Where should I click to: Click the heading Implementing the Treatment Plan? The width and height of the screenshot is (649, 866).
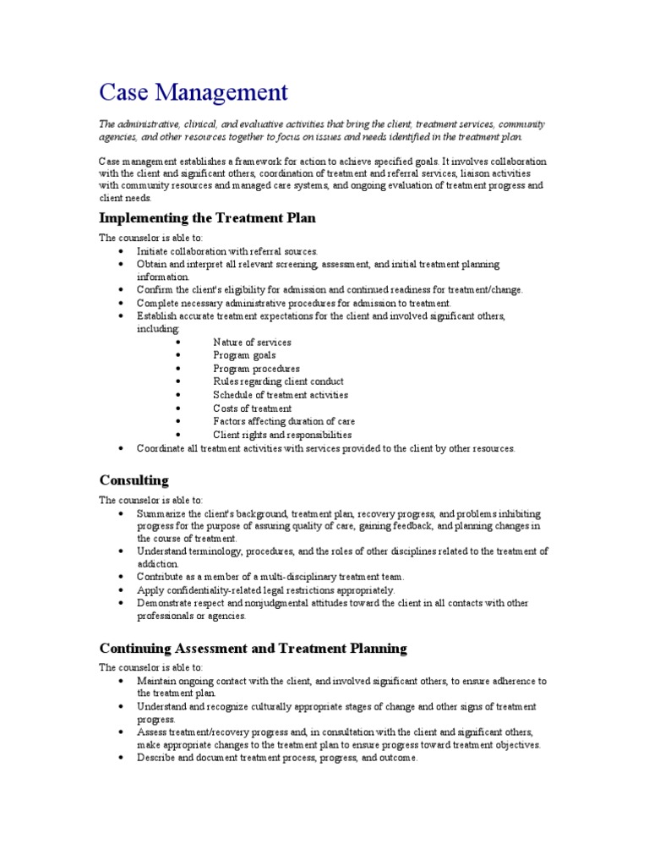[x=207, y=218]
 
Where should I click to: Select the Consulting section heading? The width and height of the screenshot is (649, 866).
[x=134, y=480]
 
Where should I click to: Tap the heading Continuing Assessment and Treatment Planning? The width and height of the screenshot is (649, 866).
[x=253, y=649]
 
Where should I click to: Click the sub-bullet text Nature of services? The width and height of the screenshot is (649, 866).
[x=252, y=343]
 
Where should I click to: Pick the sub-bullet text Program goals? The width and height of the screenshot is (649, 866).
[x=244, y=355]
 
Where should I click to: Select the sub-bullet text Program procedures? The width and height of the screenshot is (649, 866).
[x=256, y=369]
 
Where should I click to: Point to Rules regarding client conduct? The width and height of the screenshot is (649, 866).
[x=278, y=381]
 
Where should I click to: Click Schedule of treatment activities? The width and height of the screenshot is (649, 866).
[x=281, y=395]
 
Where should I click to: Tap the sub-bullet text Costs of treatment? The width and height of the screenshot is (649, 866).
[x=252, y=408]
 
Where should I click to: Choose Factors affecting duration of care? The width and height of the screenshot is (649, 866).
[x=284, y=421]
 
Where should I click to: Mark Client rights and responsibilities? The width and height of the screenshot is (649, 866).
[x=282, y=435]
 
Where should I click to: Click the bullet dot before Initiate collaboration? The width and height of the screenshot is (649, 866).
[x=122, y=251]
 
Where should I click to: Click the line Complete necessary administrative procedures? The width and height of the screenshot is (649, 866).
[x=294, y=303]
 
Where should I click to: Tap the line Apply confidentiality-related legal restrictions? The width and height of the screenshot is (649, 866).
[x=265, y=589]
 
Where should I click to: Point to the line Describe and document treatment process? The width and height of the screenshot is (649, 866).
[x=277, y=758]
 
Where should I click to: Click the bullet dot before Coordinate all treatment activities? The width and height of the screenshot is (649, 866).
[x=122, y=448]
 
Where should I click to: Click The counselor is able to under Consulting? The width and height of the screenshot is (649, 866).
[x=151, y=500]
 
